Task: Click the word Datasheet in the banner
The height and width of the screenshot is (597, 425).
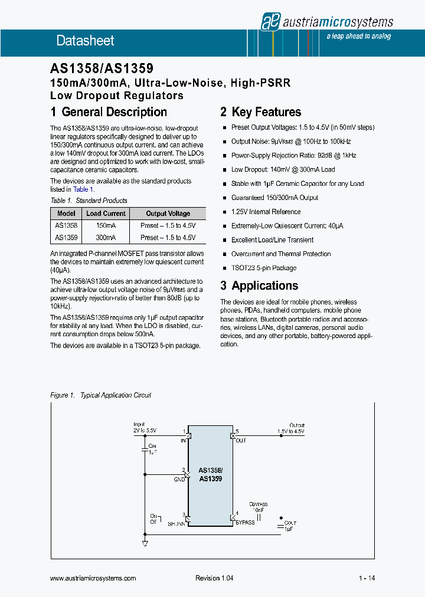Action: tap(85, 41)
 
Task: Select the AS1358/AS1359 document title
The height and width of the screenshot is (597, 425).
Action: tap(102, 70)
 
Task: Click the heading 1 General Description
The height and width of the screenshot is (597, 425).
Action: tap(109, 112)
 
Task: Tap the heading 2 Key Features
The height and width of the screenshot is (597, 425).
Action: tap(260, 112)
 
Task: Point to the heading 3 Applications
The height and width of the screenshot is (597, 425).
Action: tap(259, 286)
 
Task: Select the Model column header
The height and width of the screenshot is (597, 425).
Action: tap(66, 214)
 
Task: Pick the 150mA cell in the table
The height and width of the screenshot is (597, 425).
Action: tap(106, 225)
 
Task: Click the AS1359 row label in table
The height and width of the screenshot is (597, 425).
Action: tap(66, 238)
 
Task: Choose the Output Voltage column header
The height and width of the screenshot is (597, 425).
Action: tap(168, 214)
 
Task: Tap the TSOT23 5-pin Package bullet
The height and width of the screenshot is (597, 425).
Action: tap(263, 268)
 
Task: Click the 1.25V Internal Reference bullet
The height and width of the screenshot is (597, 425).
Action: tap(266, 212)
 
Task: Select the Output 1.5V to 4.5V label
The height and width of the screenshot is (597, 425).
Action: tap(292, 428)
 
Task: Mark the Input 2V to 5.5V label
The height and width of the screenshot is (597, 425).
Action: tap(145, 428)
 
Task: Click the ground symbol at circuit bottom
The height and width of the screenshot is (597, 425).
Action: tap(145, 543)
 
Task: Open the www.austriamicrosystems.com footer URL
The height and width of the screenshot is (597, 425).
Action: tap(93, 579)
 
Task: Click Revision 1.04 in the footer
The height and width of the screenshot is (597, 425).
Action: tap(214, 579)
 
